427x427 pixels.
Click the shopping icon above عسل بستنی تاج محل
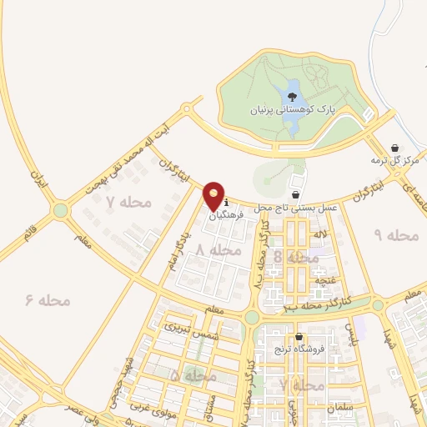coord(296,193)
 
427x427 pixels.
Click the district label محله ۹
coord(395,235)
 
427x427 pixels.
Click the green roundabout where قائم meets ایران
coord(60,212)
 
